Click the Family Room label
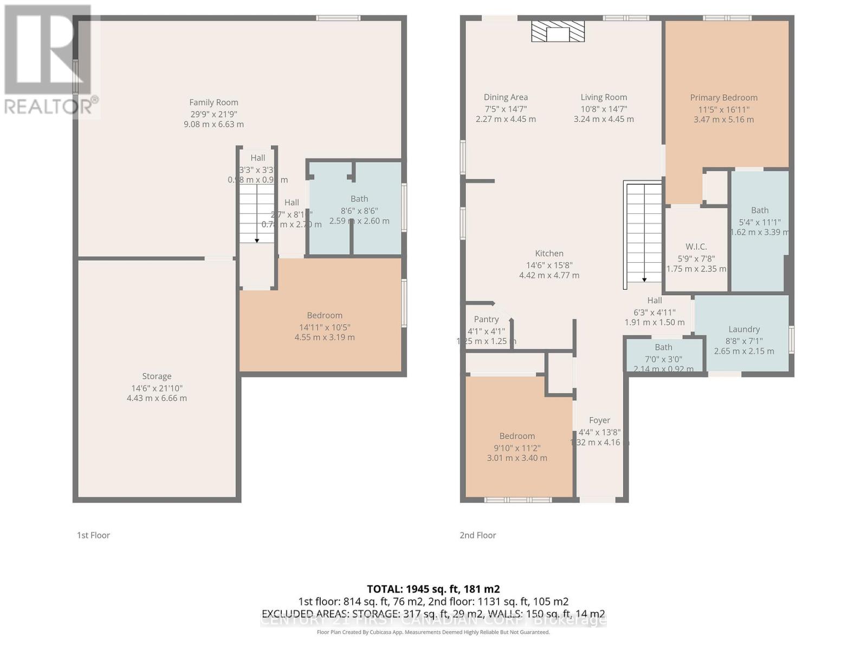point(213,102)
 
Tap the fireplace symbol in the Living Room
point(558,32)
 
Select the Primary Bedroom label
point(723,97)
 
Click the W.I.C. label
point(696,246)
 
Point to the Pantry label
point(486,319)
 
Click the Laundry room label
point(744,329)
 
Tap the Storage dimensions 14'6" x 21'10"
point(157,388)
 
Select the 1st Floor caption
point(93,535)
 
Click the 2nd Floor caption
point(478,535)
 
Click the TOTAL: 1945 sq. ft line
point(433,589)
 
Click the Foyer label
point(599,420)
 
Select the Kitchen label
point(549,253)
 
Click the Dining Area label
point(506,97)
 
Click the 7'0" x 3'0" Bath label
point(663,359)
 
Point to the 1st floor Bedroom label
point(325,315)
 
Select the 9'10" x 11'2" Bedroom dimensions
point(516,447)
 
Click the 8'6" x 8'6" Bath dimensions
point(359,211)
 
